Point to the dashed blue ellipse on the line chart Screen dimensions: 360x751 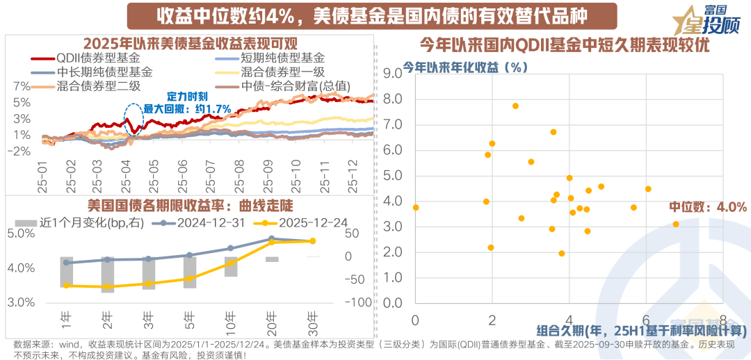pyautogui.click(x=134, y=118)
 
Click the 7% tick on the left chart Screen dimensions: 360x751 pyautogui.click(x=22, y=87)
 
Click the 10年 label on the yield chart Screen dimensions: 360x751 pyautogui.click(x=231, y=320)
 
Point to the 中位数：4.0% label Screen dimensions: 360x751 pyautogui.click(x=708, y=207)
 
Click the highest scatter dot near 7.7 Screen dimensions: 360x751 pyautogui.click(x=515, y=106)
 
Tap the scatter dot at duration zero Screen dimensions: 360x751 pyautogui.click(x=416, y=207)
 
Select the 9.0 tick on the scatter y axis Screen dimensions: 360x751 pyautogui.click(x=393, y=74)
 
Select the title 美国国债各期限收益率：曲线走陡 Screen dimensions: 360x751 pyautogui.click(x=181, y=206)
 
